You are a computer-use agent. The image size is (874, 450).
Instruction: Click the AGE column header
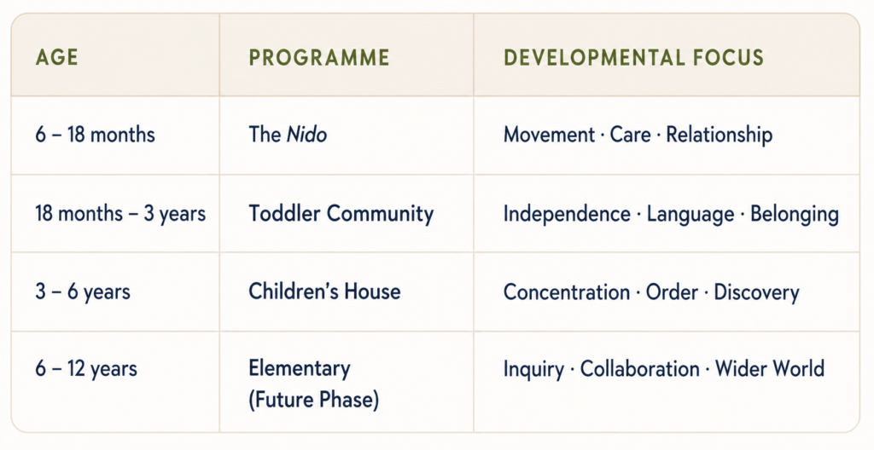pos(56,57)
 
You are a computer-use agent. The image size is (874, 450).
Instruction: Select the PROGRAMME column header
pos(319,57)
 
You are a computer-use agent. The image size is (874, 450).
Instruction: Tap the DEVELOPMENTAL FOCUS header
pos(634,57)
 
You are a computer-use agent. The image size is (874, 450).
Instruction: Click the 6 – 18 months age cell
pos(95,135)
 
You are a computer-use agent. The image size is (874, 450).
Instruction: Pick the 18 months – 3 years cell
pos(120,214)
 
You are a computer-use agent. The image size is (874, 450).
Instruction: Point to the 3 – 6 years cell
pos(83,291)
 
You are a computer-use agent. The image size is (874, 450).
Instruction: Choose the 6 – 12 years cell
pos(86,369)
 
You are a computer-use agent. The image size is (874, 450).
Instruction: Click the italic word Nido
pos(306,135)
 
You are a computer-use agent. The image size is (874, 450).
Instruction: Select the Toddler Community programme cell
pos(341,214)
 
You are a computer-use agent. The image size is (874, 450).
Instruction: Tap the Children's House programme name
pos(324,291)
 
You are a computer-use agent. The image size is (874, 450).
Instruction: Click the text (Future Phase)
pos(314,400)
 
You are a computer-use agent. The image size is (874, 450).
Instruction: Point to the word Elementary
pos(300,369)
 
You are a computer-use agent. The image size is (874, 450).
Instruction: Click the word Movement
pos(549,135)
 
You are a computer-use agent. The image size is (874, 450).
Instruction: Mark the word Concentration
pos(567,292)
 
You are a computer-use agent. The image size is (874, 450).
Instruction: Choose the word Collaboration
pos(640,369)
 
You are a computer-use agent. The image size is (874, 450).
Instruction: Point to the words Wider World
pos(770,369)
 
